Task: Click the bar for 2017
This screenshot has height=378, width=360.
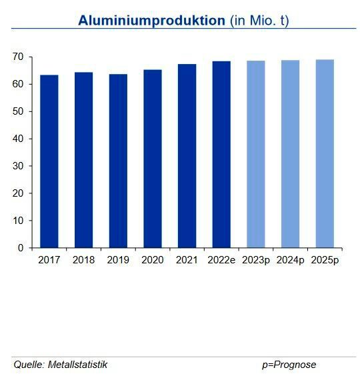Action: pyautogui.click(x=49, y=161)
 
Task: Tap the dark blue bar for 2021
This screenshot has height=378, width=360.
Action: pyautogui.click(x=187, y=156)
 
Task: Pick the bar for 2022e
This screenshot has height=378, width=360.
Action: pyautogui.click(x=221, y=155)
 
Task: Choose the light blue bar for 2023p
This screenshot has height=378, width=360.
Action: pyautogui.click(x=255, y=154)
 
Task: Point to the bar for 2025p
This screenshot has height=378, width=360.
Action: pyautogui.click(x=325, y=153)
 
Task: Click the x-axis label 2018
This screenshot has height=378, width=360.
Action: pyautogui.click(x=83, y=260)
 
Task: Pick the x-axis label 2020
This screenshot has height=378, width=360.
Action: pyautogui.click(x=153, y=260)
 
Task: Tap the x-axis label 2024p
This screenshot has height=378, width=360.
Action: pyautogui.click(x=291, y=260)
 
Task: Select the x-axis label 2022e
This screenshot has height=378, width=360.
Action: pyautogui.click(x=221, y=260)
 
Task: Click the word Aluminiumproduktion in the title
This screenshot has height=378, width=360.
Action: pyautogui.click(x=151, y=20)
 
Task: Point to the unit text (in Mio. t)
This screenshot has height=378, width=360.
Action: pyautogui.click(x=259, y=20)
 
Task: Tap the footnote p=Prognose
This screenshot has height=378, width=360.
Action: pyautogui.click(x=289, y=365)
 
